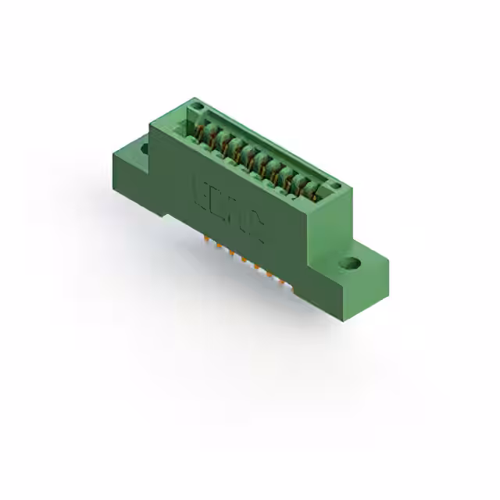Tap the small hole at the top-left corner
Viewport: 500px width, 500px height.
coord(198,107)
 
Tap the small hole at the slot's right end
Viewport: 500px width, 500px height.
coord(335,186)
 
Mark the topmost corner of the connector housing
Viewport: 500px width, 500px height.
coord(195,98)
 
